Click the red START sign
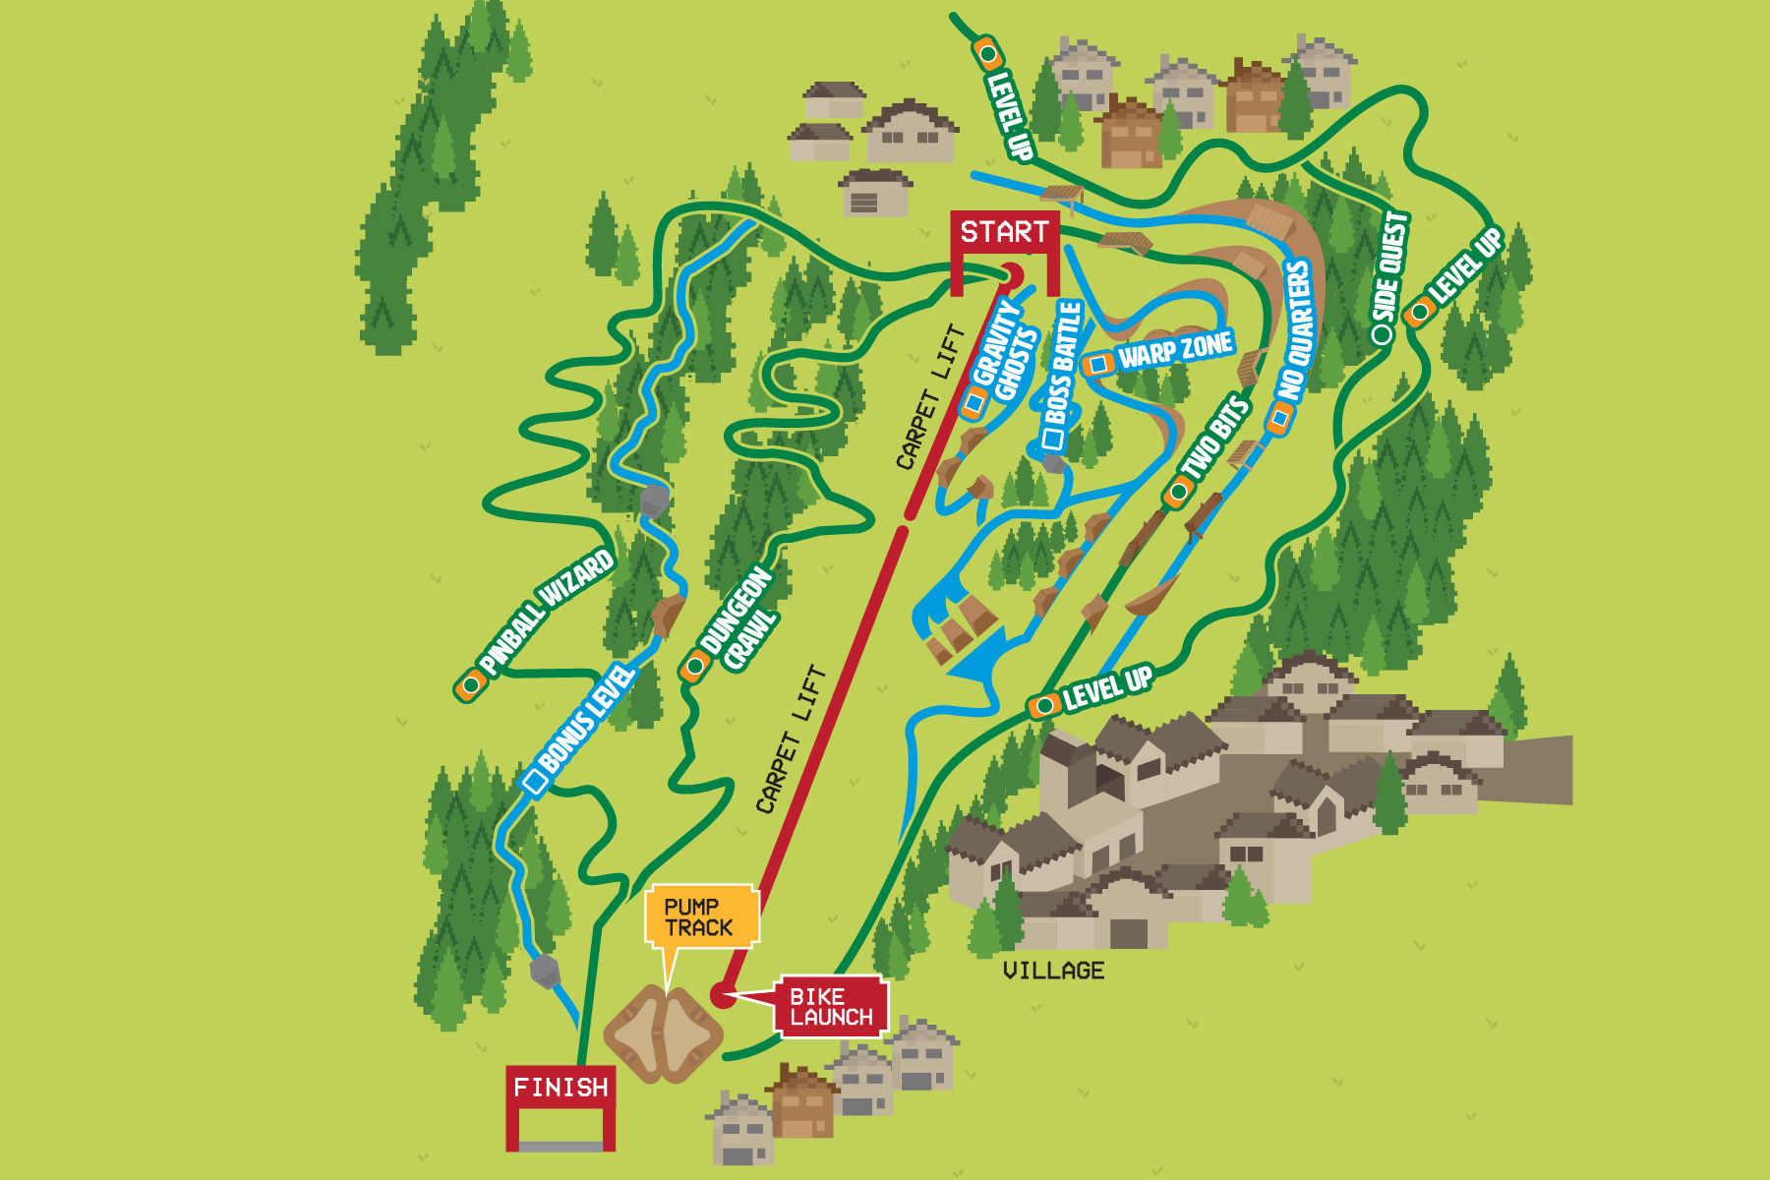(x=1004, y=232)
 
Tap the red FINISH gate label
(x=560, y=1088)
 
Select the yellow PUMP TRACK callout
(x=700, y=916)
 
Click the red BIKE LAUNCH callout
(x=831, y=1007)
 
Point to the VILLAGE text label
(x=1053, y=971)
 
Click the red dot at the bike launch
(x=723, y=996)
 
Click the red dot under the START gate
(x=1012, y=274)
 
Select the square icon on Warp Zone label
(x=1098, y=365)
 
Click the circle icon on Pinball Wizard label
(x=471, y=684)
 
